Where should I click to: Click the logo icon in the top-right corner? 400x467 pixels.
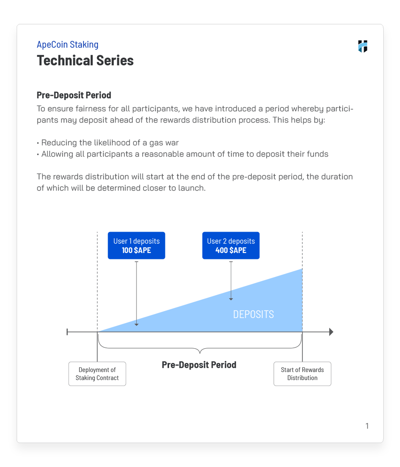tap(363, 46)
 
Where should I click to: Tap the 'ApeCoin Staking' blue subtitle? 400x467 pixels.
tap(67, 45)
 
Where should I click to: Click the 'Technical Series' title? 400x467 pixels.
tap(85, 61)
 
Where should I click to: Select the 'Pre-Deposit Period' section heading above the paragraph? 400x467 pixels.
tap(74, 95)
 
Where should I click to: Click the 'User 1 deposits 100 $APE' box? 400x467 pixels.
tap(136, 246)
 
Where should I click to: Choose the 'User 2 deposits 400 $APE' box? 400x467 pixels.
tap(231, 246)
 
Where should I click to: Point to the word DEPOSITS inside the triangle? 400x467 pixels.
tap(253, 314)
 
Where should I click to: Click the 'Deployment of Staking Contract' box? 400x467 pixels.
tap(97, 374)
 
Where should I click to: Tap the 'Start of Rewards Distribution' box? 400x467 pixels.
tap(302, 374)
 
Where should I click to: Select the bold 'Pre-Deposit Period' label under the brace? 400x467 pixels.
tap(199, 365)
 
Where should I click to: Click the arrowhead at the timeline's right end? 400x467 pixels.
tap(331, 332)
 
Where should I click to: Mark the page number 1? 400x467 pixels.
tap(367, 426)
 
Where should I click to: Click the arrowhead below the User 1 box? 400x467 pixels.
tap(137, 324)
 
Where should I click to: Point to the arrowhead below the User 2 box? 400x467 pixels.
tap(231, 299)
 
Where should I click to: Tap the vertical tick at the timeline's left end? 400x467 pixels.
tap(67, 332)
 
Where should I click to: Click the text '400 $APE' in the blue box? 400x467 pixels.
tap(231, 251)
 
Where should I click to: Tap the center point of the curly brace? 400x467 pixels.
tap(200, 352)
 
